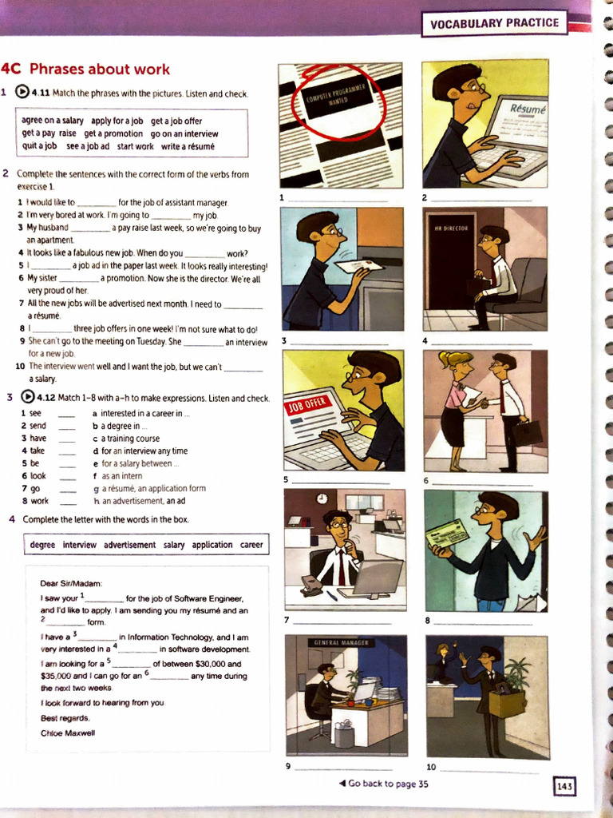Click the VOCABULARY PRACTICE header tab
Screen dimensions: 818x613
point(494,23)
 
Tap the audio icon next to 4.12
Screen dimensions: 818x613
point(27,397)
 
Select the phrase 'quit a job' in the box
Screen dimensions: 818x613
point(39,146)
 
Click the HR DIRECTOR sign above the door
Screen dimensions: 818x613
point(449,228)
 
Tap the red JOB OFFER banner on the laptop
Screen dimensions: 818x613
point(306,403)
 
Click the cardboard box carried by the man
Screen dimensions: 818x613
point(507,703)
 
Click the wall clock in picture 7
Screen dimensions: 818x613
point(322,498)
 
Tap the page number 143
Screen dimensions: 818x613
point(564,786)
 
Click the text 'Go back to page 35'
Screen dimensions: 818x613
point(383,784)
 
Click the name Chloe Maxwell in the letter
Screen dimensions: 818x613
point(68,733)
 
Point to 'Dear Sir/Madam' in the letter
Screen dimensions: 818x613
point(71,583)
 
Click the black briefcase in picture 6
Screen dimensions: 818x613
point(528,432)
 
